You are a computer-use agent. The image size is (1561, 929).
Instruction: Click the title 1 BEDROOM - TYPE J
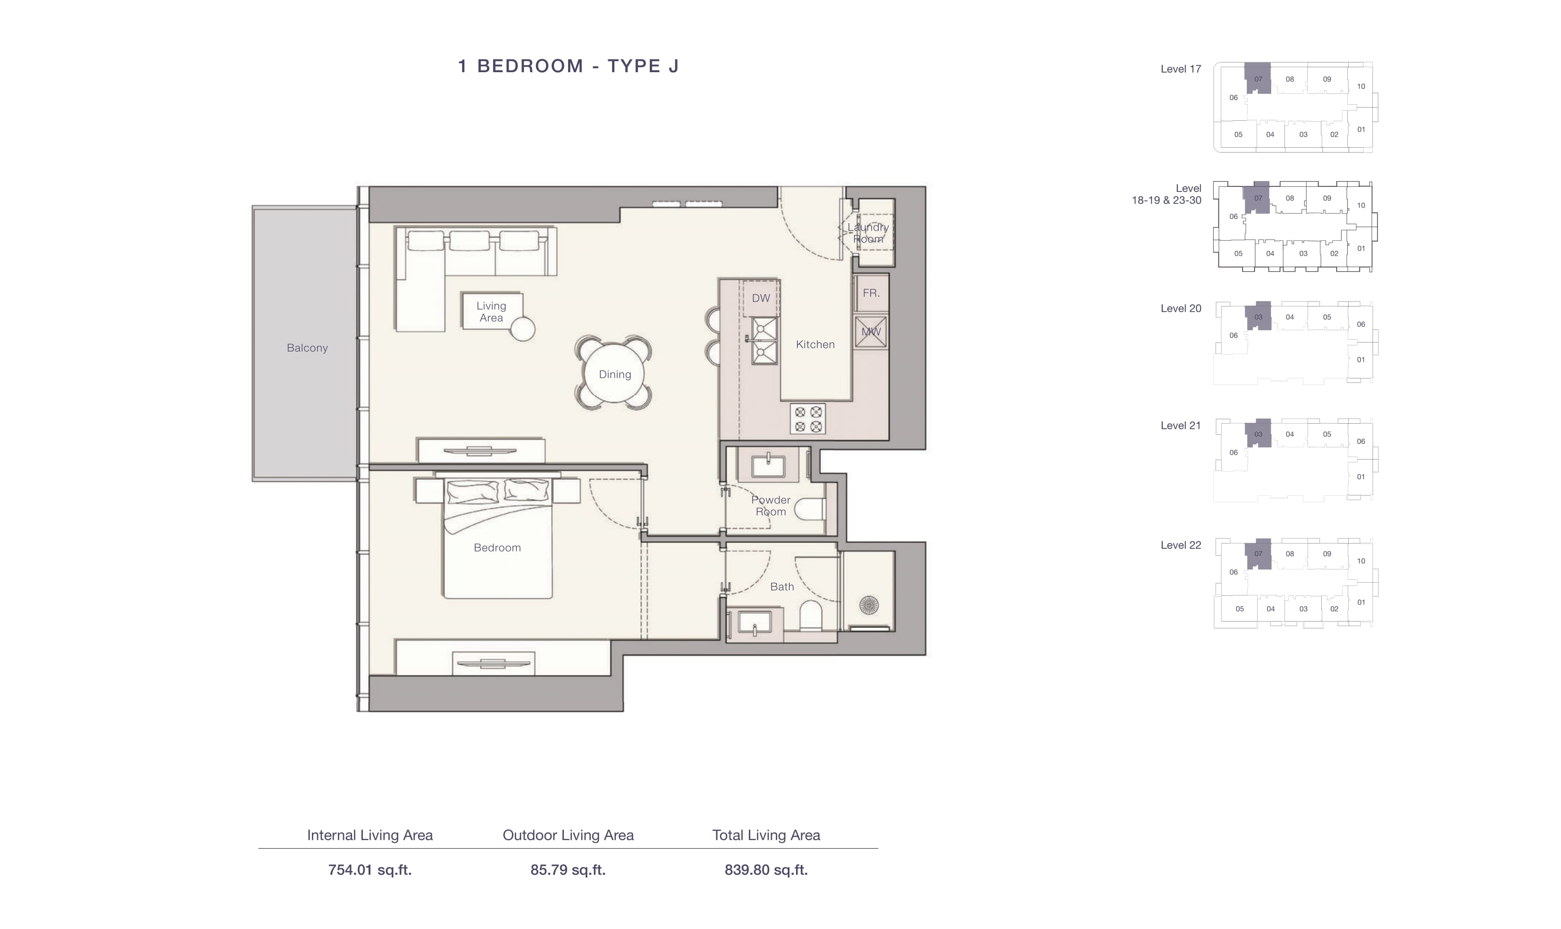click(568, 66)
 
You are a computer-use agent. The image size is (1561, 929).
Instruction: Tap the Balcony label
click(307, 348)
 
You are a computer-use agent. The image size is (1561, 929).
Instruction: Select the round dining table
click(614, 374)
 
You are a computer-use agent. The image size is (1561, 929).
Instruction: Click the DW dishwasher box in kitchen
click(761, 298)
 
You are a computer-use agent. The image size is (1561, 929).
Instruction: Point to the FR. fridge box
click(871, 293)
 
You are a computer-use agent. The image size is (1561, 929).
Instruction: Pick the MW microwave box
click(871, 332)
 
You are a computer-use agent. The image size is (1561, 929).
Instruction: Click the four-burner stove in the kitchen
click(808, 419)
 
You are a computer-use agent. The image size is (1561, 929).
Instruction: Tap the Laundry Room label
click(868, 233)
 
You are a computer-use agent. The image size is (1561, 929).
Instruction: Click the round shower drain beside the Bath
click(869, 605)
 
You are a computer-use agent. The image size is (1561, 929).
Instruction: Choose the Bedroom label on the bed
click(497, 548)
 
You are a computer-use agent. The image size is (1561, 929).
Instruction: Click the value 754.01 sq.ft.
click(370, 870)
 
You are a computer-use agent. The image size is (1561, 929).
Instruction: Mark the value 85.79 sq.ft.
click(568, 870)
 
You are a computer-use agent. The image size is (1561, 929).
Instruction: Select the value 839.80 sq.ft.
click(766, 870)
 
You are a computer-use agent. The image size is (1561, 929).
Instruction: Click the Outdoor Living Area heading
click(568, 835)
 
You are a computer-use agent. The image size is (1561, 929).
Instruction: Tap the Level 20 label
click(1181, 309)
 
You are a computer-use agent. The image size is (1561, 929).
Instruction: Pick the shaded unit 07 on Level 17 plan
click(1258, 78)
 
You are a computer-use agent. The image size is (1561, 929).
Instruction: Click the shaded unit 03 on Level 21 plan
click(1258, 433)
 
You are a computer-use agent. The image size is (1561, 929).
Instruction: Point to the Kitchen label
click(815, 344)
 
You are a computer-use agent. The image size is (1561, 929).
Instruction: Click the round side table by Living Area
click(523, 329)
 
